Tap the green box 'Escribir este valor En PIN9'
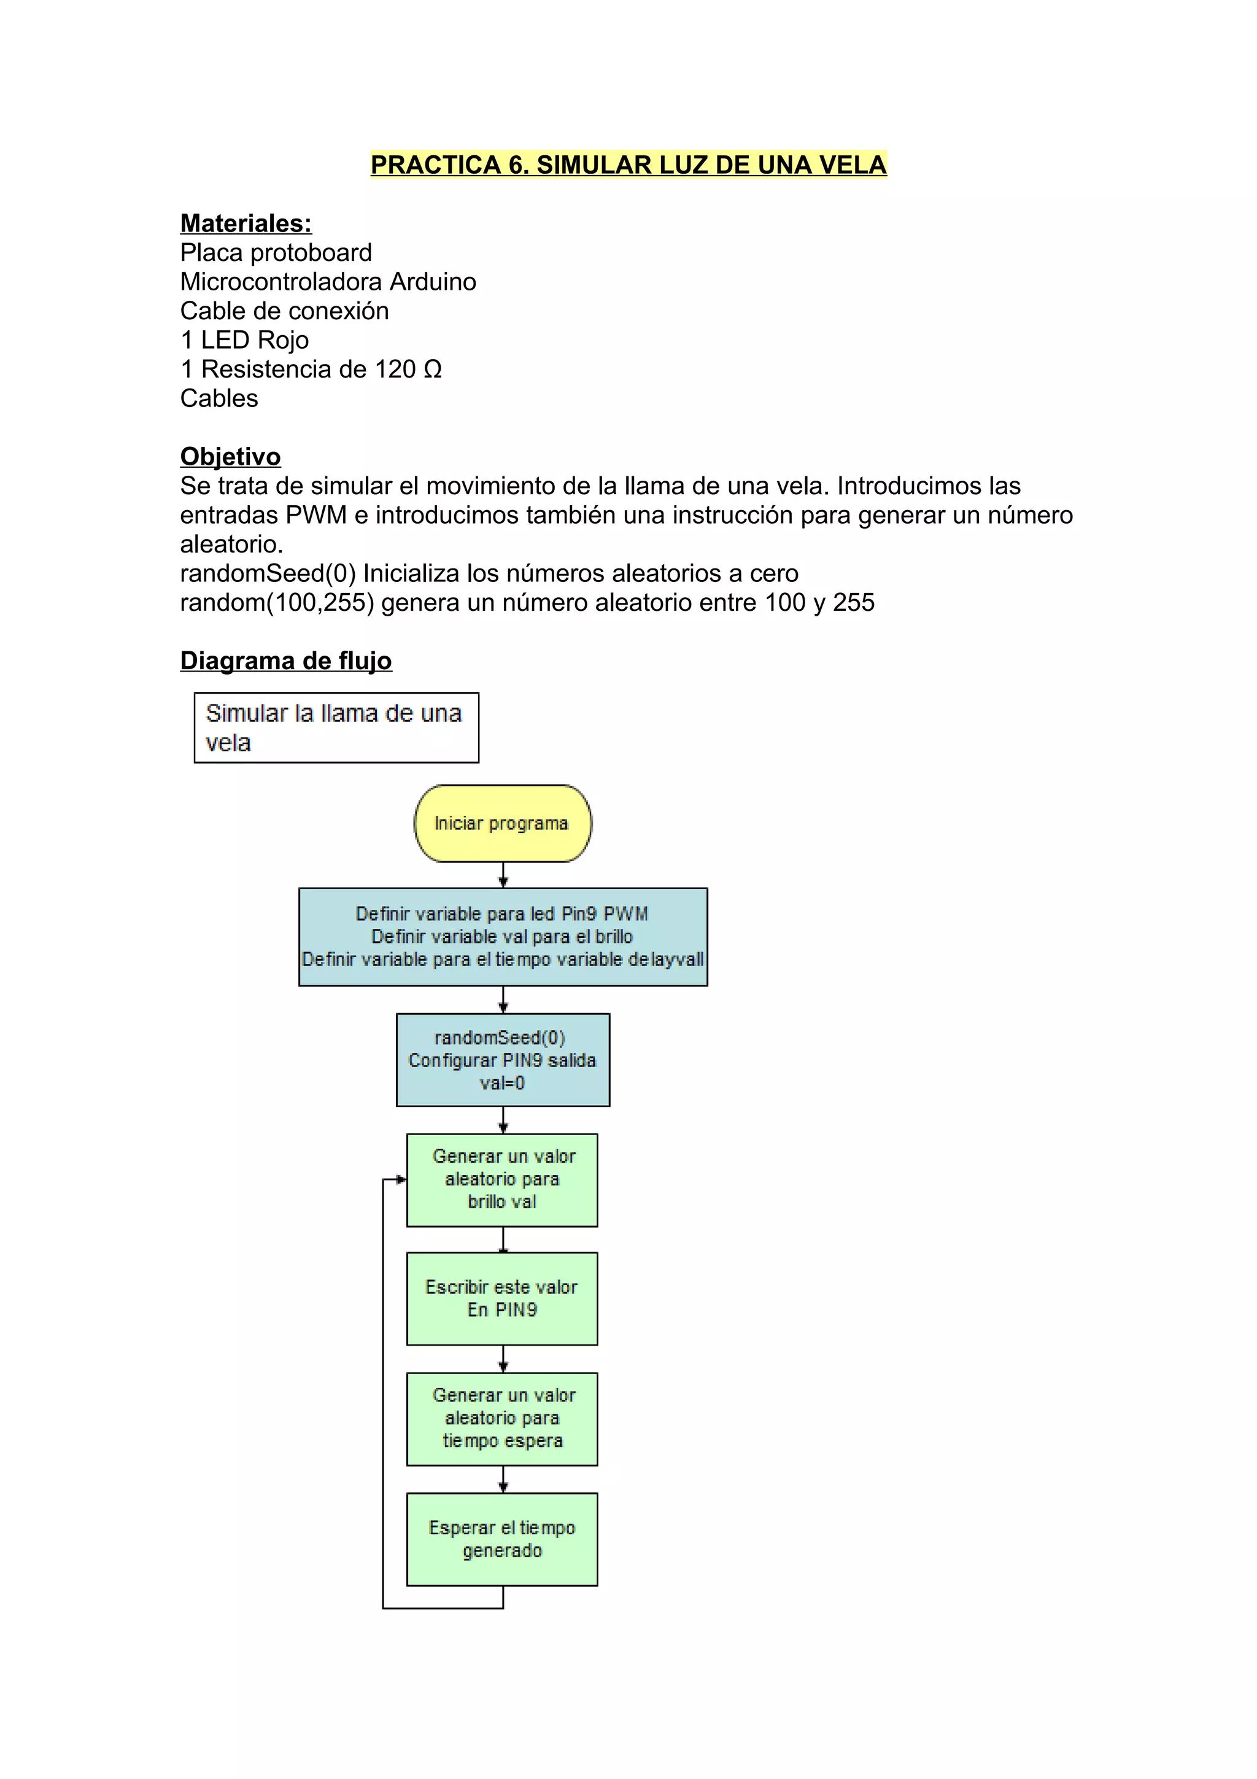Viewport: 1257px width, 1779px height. click(x=502, y=1298)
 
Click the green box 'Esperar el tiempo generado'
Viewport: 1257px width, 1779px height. click(x=502, y=1539)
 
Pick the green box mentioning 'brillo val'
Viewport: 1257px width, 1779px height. click(x=502, y=1179)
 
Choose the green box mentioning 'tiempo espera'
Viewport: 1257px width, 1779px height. click(x=502, y=1418)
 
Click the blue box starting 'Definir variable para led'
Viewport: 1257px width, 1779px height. click(x=503, y=936)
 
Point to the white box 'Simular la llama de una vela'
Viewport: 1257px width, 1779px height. click(x=336, y=727)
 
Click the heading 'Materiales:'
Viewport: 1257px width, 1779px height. click(x=246, y=223)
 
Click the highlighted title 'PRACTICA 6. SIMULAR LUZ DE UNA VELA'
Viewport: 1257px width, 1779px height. click(x=628, y=165)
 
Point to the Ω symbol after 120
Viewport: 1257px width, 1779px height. click(x=433, y=370)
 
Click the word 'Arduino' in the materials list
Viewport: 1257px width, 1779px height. click(x=432, y=282)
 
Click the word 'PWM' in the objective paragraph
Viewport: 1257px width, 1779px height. click(x=316, y=515)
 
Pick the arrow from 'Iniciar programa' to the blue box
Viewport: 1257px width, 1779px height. click(x=503, y=875)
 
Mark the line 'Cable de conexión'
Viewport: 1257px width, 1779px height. click(x=284, y=311)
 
